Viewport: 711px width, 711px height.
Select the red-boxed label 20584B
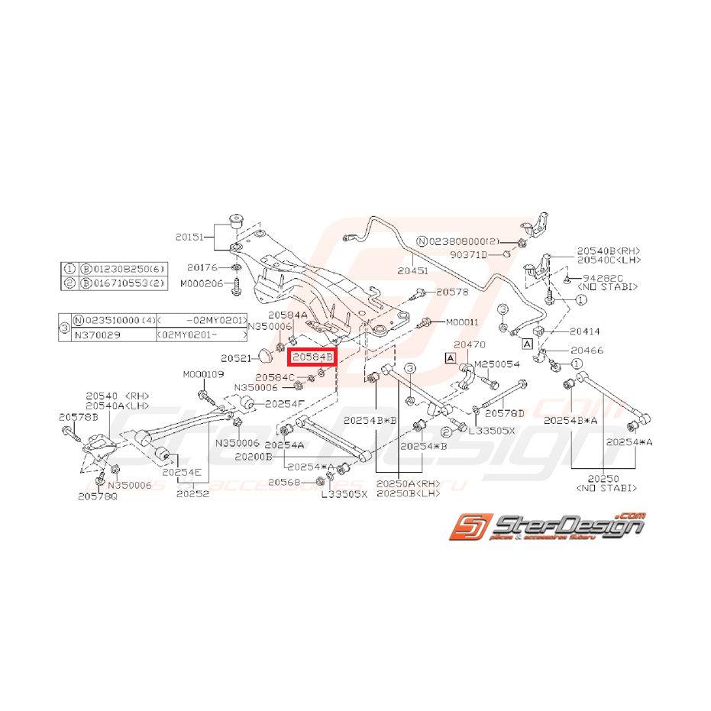pyautogui.click(x=312, y=357)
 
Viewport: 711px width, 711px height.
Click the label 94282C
pyautogui.click(x=603, y=278)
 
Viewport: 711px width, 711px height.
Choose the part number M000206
pyautogui.click(x=202, y=283)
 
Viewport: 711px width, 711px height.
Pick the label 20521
pyautogui.click(x=237, y=357)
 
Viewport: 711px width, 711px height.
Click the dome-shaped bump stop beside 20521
pyautogui.click(x=266, y=354)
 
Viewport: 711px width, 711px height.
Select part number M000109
pyautogui.click(x=203, y=374)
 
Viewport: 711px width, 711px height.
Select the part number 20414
pyautogui.click(x=585, y=332)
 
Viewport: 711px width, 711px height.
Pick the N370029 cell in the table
pyautogui.click(x=102, y=334)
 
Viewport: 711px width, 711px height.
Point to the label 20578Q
pyautogui.click(x=98, y=496)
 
